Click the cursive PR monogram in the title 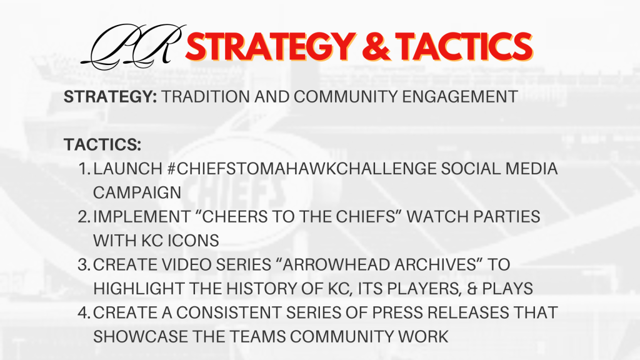point(133,46)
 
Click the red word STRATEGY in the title point(270,47)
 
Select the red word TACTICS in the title point(464,47)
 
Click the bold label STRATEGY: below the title point(110,97)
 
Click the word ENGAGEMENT point(460,97)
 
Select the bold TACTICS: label point(102,144)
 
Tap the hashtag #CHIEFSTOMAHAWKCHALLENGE point(302,169)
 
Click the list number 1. point(84,169)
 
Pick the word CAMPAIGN point(137,192)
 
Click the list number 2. point(84,217)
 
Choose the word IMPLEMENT point(142,217)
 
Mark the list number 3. point(84,265)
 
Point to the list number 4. point(84,312)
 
